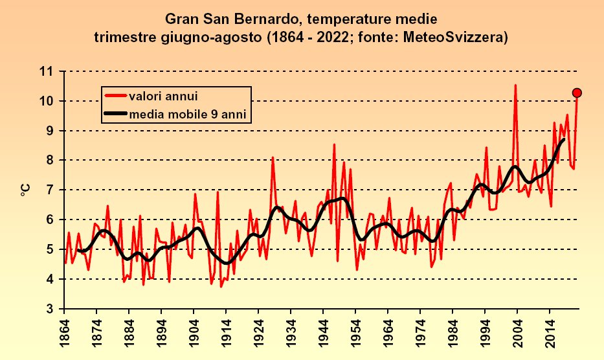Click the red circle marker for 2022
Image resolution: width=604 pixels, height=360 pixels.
click(577, 93)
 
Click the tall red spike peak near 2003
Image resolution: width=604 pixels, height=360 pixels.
click(515, 85)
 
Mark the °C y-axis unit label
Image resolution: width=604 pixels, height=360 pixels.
click(24, 190)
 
